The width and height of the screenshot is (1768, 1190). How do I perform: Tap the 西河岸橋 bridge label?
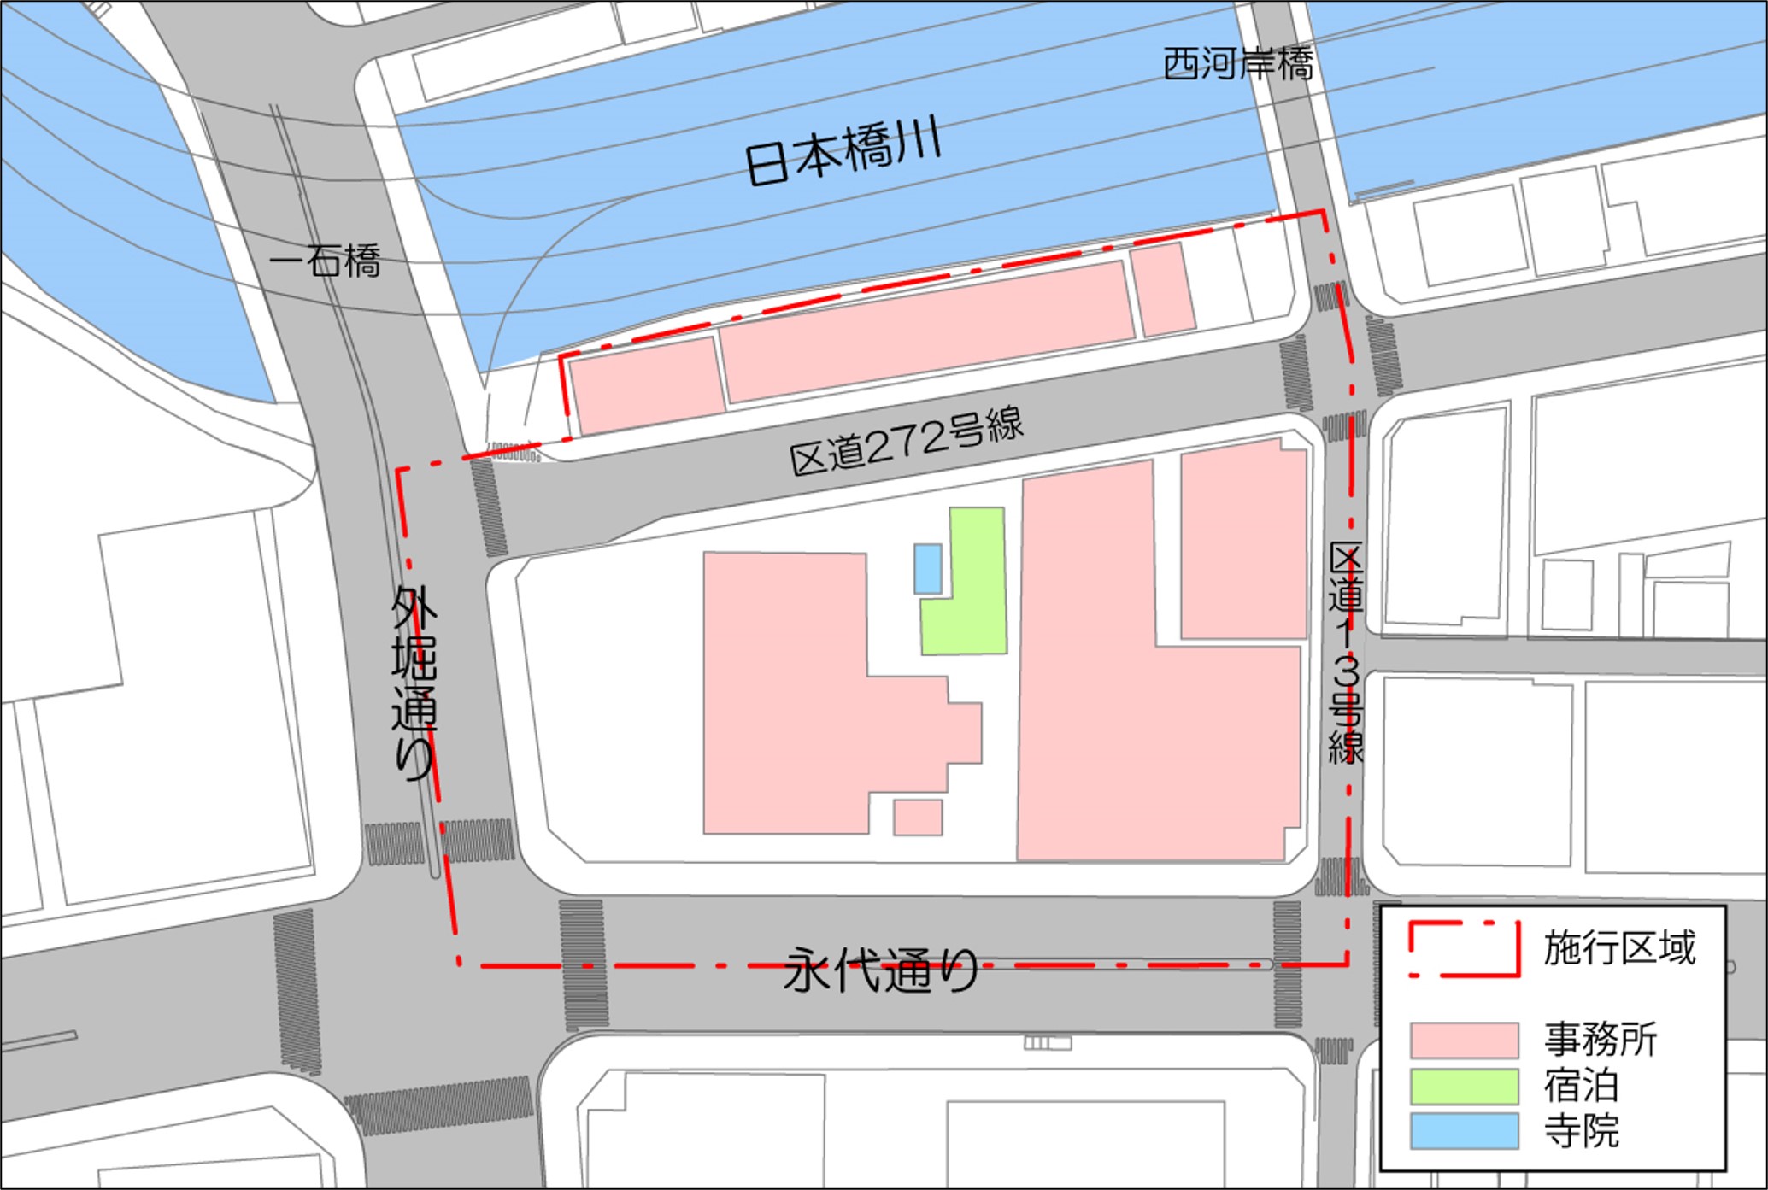pos(1238,64)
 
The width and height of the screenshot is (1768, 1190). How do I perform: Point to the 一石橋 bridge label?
pos(326,261)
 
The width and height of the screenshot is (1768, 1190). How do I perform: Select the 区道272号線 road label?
pos(906,442)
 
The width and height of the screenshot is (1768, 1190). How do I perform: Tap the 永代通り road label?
pos(881,970)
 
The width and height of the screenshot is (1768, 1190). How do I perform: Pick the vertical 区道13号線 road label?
pos(1345,653)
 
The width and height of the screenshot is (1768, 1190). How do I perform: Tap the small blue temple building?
pos(928,568)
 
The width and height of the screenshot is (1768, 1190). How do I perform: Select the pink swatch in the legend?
pos(1464,1040)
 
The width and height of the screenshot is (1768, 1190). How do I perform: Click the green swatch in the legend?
pos(1464,1086)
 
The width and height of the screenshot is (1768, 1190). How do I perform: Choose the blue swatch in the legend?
pos(1464,1130)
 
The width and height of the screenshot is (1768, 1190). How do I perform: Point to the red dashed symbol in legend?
pos(1464,948)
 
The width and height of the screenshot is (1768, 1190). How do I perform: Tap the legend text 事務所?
pos(1601,1040)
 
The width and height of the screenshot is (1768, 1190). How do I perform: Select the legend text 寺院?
pos(1582,1131)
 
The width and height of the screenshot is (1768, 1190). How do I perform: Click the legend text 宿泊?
pos(1582,1086)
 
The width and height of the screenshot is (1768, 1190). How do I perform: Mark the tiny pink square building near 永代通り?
pos(918,818)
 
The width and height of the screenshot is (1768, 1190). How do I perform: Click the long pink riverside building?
pos(927,331)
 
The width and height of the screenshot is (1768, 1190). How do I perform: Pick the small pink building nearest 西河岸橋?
pos(1163,289)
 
